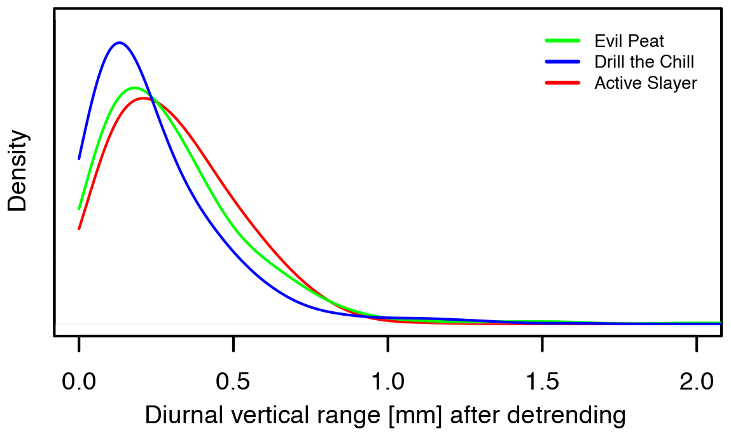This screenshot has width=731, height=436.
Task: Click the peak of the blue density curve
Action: (118, 43)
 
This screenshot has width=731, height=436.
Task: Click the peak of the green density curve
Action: (133, 88)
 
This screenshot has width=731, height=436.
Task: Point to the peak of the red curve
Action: (144, 98)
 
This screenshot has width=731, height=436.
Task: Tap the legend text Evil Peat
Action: (629, 41)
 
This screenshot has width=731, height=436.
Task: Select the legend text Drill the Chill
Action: (644, 62)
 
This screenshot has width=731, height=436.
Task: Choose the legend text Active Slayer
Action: (645, 83)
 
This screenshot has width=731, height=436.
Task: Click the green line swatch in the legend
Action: (562, 41)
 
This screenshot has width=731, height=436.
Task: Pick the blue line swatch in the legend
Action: (562, 62)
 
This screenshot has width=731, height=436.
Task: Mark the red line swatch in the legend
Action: (562, 83)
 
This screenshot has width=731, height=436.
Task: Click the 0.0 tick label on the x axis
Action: (79, 382)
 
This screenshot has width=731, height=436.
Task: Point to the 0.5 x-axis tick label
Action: (233, 382)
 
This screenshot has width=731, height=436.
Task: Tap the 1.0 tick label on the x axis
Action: (388, 382)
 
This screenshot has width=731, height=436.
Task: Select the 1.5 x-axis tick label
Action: (542, 382)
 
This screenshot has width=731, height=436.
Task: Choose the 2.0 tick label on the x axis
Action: (697, 382)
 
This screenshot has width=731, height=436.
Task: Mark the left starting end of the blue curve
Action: (79, 158)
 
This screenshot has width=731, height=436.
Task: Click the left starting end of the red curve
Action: (79, 229)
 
